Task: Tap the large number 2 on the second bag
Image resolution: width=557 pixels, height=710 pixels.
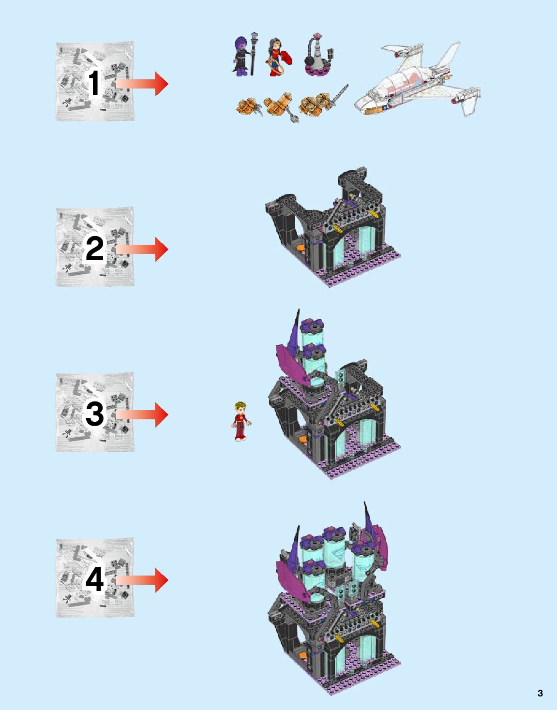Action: [x=94, y=249]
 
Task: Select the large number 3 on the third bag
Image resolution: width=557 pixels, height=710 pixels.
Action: [x=94, y=414]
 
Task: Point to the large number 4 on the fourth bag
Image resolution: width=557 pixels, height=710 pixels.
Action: [x=94, y=579]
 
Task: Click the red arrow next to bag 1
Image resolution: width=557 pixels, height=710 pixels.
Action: [x=142, y=84]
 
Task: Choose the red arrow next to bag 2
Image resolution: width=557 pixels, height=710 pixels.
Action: [x=142, y=249]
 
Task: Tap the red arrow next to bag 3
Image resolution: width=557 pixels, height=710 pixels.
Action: [x=142, y=414]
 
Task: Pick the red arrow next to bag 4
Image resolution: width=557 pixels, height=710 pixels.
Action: [x=142, y=580]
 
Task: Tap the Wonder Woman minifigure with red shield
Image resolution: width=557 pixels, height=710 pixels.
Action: [x=277, y=57]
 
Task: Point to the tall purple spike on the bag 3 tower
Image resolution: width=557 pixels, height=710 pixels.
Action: [x=296, y=330]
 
